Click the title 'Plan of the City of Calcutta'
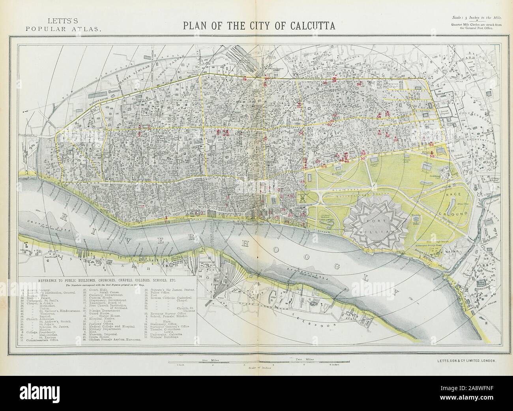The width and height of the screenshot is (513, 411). [x=258, y=26]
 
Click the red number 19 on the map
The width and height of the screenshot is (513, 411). [x=245, y=79]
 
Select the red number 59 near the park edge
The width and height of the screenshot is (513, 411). [x=432, y=156]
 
